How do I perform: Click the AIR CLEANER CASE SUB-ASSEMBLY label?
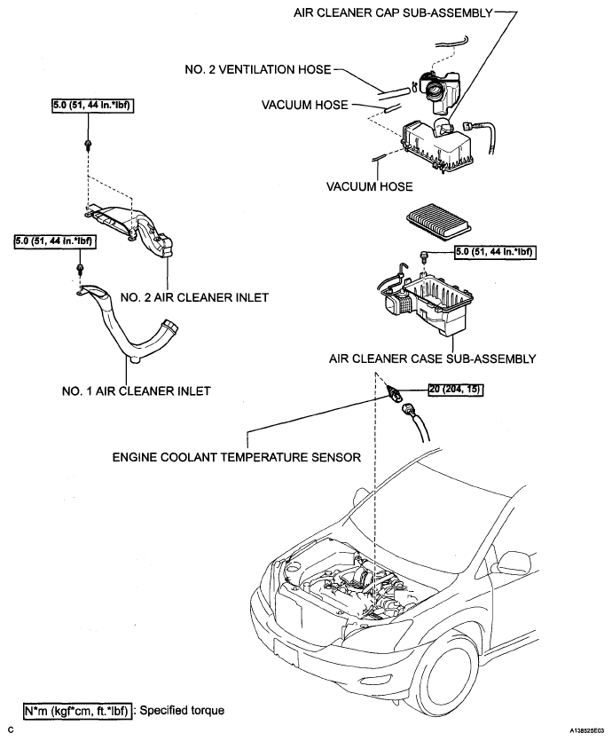click(432, 359)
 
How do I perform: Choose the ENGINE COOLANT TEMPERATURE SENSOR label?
click(236, 458)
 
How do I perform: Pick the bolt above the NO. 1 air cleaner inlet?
click(82, 267)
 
